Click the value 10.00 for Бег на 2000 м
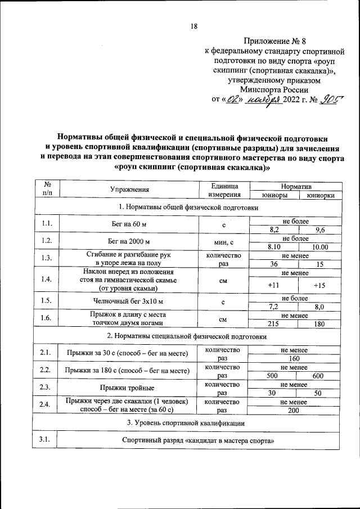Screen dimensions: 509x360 coord(319,246)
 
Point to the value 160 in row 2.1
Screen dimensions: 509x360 coord(294,358)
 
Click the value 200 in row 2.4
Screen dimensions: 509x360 coord(294,411)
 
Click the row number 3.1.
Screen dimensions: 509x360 coord(46,440)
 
